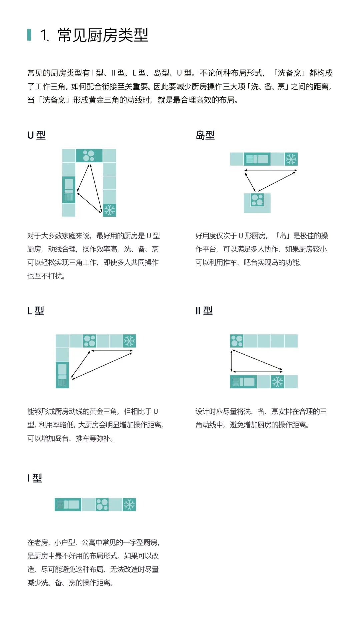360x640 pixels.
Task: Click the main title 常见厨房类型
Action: [103, 35]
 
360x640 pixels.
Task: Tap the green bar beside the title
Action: [29, 35]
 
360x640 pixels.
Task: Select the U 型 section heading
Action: [36, 135]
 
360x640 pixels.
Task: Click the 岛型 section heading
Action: [205, 135]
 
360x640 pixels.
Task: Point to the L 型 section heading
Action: [36, 311]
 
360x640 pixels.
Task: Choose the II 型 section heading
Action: [204, 311]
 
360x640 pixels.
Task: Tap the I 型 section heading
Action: [35, 478]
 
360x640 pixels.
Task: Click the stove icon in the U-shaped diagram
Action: [89, 156]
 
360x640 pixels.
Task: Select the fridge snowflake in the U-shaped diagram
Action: [109, 210]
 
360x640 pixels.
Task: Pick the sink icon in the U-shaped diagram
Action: [69, 190]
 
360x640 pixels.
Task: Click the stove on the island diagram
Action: [257, 200]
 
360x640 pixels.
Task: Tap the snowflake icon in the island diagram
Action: [291, 159]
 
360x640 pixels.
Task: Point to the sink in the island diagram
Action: [257, 159]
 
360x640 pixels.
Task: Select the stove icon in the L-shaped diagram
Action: [89, 341]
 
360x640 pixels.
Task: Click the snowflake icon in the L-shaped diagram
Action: [129, 341]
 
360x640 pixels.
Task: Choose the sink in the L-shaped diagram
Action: [62, 375]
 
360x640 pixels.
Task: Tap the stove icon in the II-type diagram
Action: [237, 341]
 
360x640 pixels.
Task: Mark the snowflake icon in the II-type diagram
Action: [277, 382]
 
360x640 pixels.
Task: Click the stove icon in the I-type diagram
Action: [102, 505]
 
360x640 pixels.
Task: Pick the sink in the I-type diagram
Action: [68, 505]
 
